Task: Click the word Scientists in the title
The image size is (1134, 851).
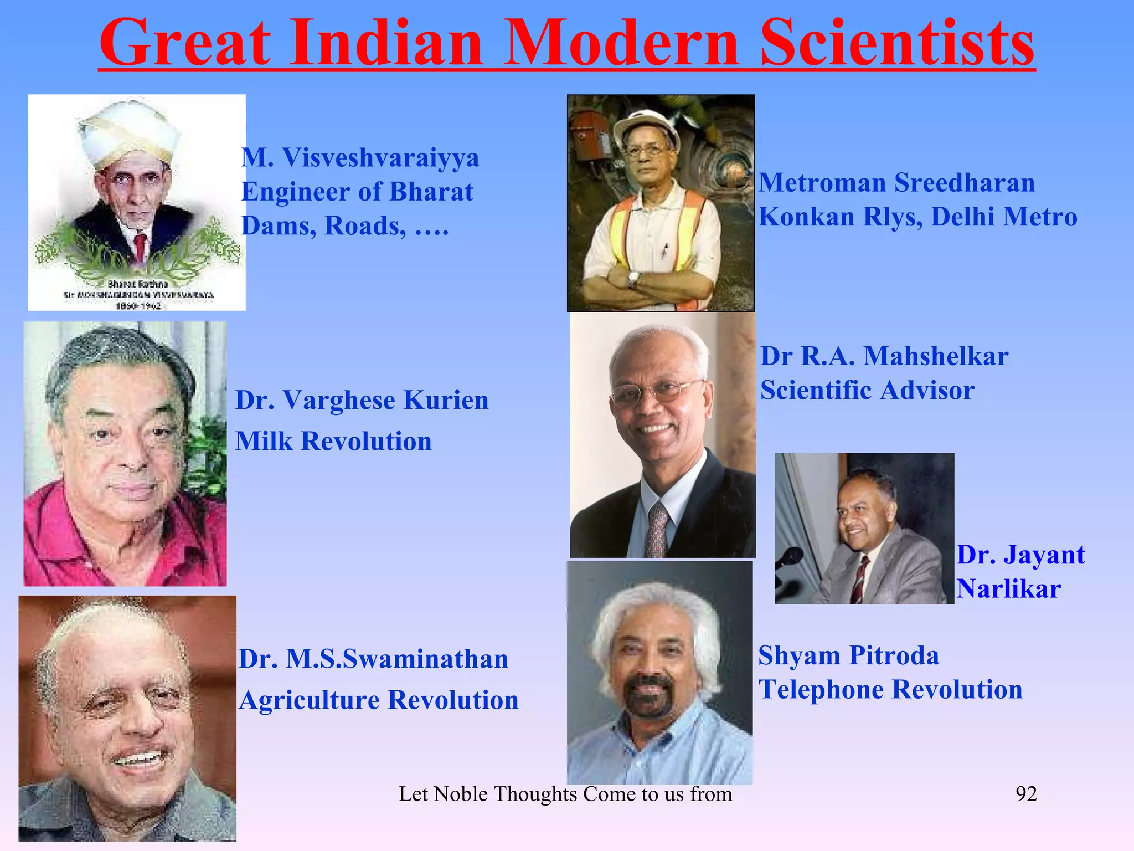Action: (x=896, y=43)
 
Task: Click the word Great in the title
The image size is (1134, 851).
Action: (x=185, y=43)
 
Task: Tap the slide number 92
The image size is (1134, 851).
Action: (x=1025, y=793)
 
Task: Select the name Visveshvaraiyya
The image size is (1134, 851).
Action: (x=381, y=158)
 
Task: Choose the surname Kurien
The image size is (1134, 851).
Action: (x=446, y=400)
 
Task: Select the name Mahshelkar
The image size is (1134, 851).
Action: (x=936, y=356)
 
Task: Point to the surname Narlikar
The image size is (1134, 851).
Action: (x=1008, y=589)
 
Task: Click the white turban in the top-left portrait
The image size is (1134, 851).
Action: (x=128, y=133)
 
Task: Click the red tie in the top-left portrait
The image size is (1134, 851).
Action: (x=141, y=245)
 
